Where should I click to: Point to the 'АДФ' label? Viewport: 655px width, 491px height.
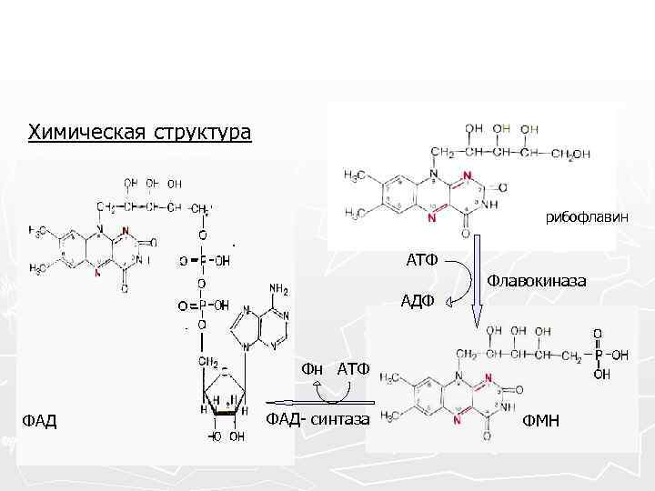[418, 301]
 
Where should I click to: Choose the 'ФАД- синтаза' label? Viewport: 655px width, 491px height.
[317, 418]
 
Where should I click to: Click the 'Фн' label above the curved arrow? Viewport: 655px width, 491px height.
[312, 368]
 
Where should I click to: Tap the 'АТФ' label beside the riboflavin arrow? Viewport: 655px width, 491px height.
[422, 261]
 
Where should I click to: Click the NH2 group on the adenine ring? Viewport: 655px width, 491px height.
[278, 290]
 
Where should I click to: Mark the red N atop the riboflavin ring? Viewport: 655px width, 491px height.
[468, 175]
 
